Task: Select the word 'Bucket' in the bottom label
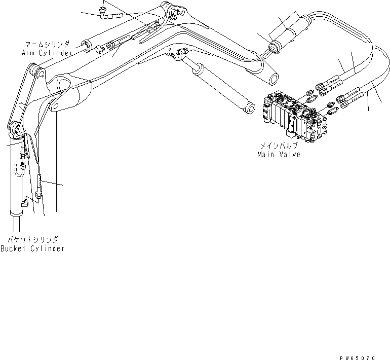(14, 248)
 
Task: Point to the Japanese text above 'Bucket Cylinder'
(33, 238)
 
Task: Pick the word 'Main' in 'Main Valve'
(265, 154)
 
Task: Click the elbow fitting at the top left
(104, 15)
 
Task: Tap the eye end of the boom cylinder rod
(250, 107)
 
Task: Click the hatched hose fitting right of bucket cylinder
(41, 180)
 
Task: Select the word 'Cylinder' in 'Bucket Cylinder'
(46, 248)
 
